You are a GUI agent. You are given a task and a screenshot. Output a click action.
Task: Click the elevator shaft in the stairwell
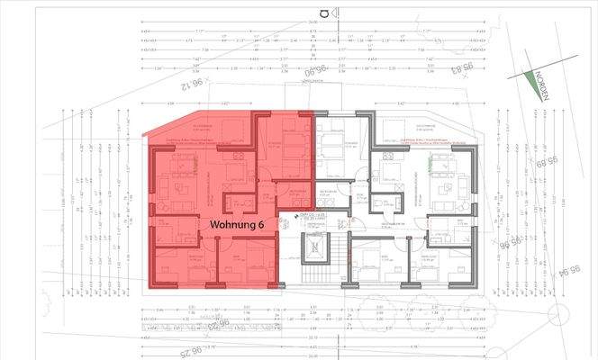(x=316, y=256)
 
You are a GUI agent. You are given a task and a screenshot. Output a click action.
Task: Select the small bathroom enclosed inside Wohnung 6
(x=240, y=203)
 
